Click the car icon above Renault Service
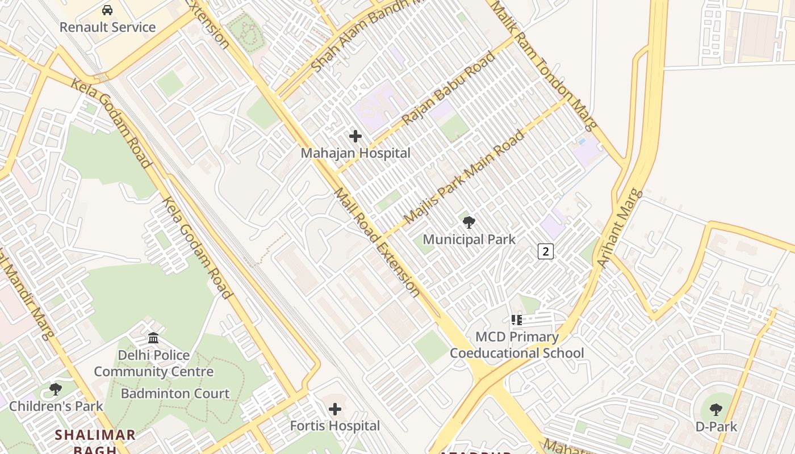[x=107, y=10]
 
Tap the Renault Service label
[x=107, y=27]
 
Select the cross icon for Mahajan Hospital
[x=355, y=136]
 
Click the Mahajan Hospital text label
[x=355, y=153]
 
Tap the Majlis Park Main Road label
[x=464, y=177]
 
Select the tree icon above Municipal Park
[x=469, y=222]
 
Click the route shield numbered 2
[x=545, y=251]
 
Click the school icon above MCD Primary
[x=516, y=320]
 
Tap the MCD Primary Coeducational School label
[x=517, y=345]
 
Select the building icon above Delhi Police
[x=153, y=338]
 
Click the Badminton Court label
[x=175, y=393]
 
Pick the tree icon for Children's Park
[x=56, y=389]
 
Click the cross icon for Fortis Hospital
[x=335, y=409]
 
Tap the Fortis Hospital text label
[x=335, y=426]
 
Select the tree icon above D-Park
[x=716, y=409]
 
